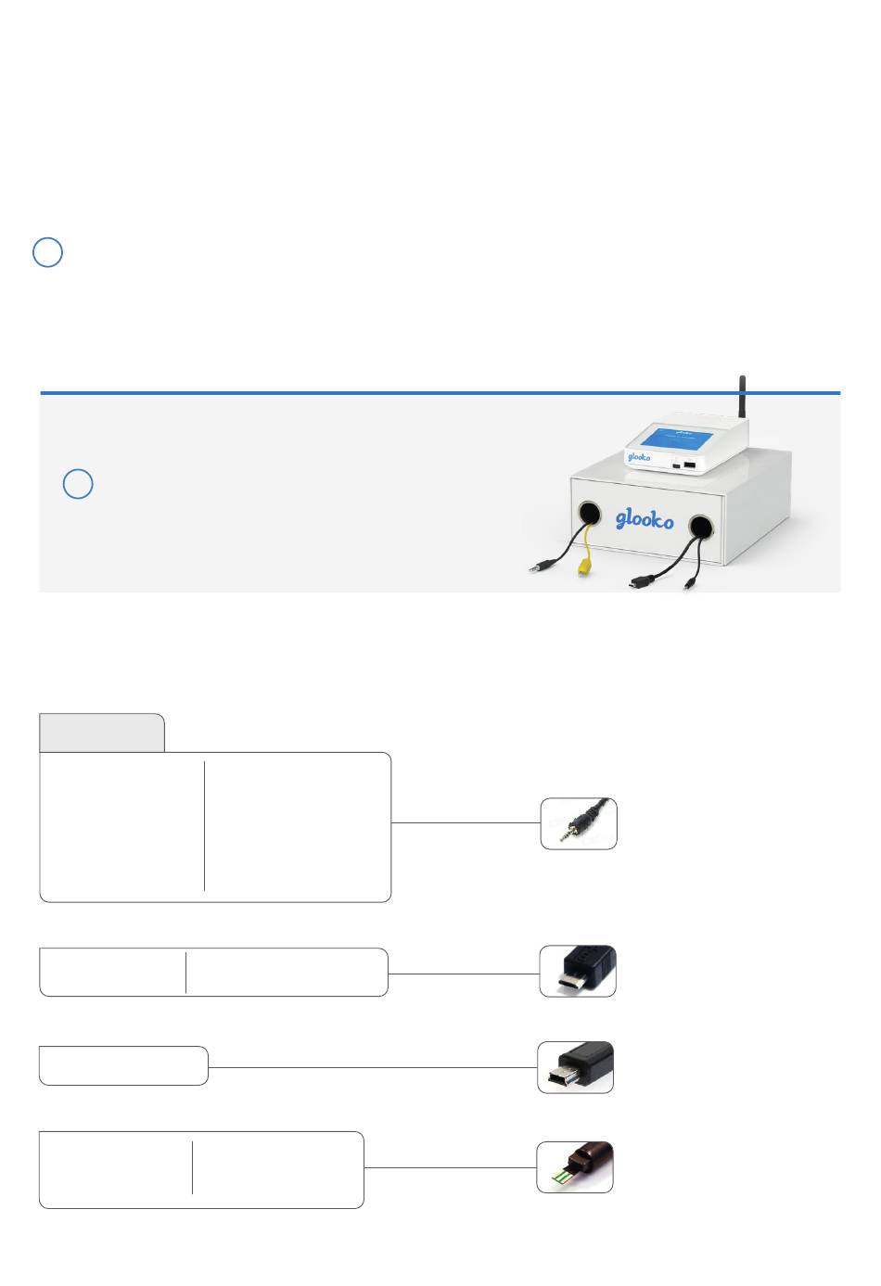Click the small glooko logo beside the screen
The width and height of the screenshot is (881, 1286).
pos(639,457)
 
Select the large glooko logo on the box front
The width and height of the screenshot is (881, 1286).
pos(645,519)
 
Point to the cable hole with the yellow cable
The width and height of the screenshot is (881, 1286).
pos(589,512)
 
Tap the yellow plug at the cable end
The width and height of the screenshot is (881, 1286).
pos(584,568)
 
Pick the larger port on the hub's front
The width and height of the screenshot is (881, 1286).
pos(690,464)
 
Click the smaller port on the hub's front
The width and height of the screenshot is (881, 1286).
pos(676,465)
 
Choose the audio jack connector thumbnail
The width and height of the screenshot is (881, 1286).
pos(579,823)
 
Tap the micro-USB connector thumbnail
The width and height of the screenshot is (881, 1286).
pos(578,971)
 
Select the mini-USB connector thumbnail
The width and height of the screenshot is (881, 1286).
pos(576,1067)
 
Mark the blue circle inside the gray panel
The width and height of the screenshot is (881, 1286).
pos(78,483)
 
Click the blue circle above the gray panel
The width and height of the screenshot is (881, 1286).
pos(47,252)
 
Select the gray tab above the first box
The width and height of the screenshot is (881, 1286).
pos(102,732)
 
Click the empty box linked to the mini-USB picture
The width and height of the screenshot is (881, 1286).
pos(123,1065)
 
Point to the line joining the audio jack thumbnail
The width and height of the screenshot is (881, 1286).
pos(466,822)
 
